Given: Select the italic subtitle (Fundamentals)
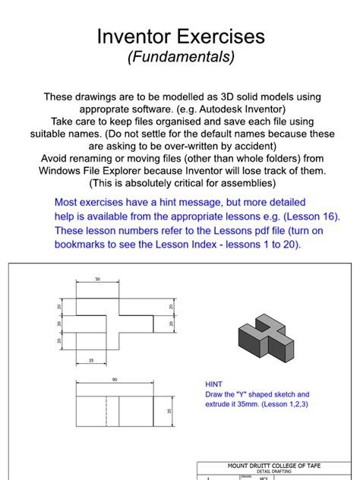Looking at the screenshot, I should [181, 57].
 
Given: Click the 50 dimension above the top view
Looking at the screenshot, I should [97, 279].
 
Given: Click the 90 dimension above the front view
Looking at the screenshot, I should [115, 379].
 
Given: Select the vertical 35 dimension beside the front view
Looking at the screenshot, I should [168, 411].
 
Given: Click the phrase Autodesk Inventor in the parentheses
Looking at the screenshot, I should [255, 109].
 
